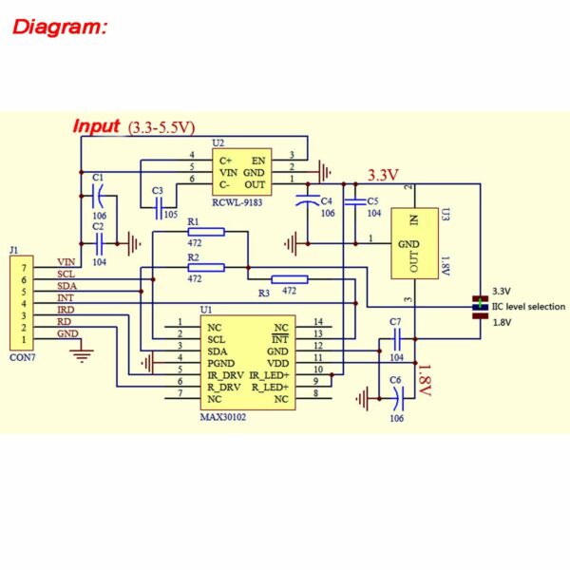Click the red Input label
coord(97,126)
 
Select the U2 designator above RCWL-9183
coord(218,142)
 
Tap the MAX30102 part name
coord(222,416)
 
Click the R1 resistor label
coord(193,220)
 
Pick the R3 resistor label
coord(263,293)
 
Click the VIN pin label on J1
coord(66,261)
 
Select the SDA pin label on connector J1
coord(66,285)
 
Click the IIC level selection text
coord(528,307)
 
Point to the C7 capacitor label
coord(395,322)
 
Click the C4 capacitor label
coord(326,201)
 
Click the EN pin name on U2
coord(258,160)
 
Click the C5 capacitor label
coord(371,201)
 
